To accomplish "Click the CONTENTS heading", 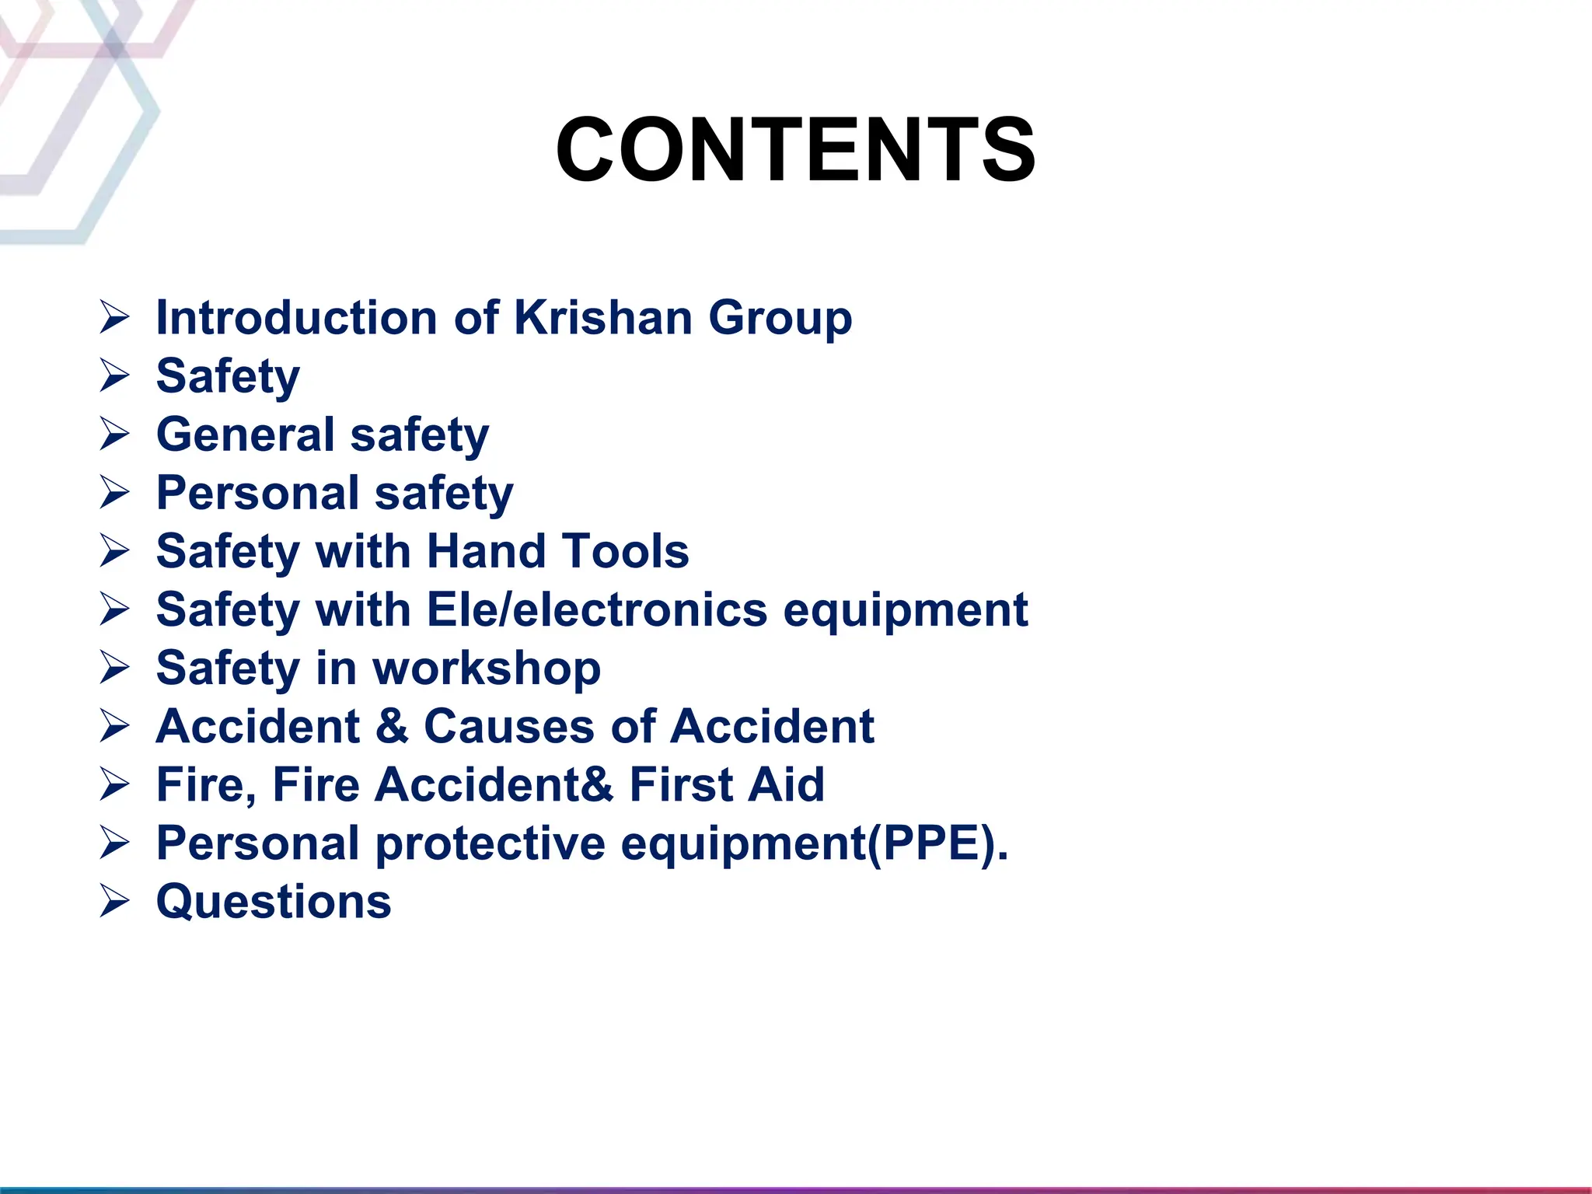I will (795, 149).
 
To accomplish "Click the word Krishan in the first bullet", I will (603, 318).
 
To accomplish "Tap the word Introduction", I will (297, 318).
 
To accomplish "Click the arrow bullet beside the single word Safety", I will (114, 376).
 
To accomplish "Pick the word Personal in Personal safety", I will (257, 493).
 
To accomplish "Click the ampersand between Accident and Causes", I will (392, 726).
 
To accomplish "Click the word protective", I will (490, 844).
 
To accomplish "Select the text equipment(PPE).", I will (815, 844).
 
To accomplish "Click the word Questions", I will (274, 902).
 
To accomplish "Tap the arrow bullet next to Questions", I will (114, 902).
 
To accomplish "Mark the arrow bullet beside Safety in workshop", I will (114, 669).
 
